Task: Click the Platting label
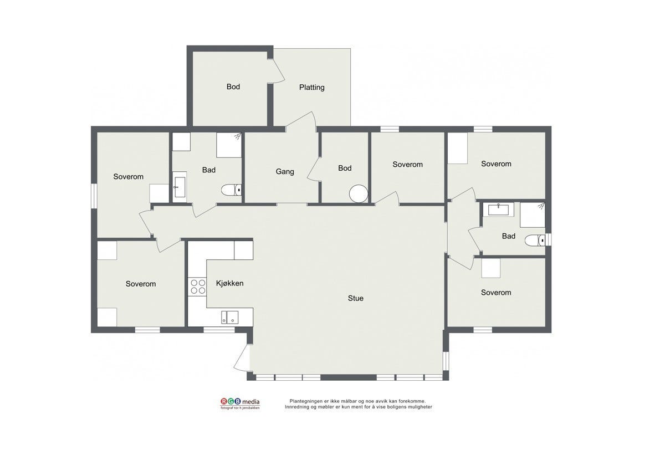311,87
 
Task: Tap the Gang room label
285,171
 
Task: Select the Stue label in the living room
355,298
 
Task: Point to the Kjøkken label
229,283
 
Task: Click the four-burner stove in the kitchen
197,287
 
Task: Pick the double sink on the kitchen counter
230,317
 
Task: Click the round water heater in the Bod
358,193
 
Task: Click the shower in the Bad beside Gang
229,145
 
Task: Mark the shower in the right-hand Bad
533,215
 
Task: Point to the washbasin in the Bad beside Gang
179,187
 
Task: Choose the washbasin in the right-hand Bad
500,210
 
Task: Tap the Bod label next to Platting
233,86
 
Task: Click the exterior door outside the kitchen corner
242,356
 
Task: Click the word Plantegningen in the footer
306,401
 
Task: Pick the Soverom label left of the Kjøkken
140,284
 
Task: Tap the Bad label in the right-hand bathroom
508,236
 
